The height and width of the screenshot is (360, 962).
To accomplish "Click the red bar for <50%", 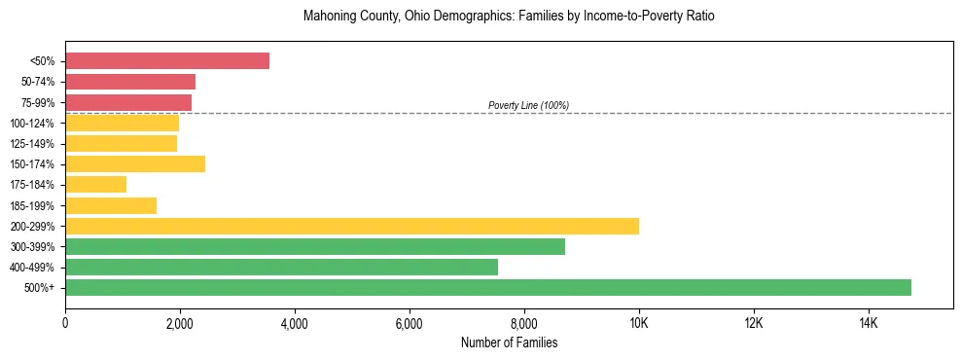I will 167,61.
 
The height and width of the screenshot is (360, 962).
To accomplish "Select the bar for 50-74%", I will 130,82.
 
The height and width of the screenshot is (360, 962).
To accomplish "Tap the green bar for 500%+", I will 488,287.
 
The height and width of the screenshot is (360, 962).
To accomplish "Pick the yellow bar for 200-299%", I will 352,226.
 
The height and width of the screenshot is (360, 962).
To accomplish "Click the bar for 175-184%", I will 95,185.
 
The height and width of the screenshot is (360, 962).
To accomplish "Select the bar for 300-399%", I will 315,246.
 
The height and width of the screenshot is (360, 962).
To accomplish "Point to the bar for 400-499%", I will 281,267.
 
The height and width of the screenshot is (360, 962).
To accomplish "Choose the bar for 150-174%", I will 135,163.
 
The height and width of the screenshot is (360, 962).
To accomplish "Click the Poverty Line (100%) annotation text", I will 528,105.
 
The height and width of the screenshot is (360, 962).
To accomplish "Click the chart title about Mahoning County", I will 509,18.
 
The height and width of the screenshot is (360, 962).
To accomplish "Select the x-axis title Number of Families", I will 509,342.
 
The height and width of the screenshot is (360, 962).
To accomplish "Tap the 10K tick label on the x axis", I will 639,323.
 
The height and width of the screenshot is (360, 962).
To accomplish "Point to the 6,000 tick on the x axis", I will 410,323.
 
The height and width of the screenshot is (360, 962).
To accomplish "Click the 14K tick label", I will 869,323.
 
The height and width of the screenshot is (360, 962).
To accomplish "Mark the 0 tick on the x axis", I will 65,323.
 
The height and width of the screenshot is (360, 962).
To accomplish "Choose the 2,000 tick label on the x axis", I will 180,323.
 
